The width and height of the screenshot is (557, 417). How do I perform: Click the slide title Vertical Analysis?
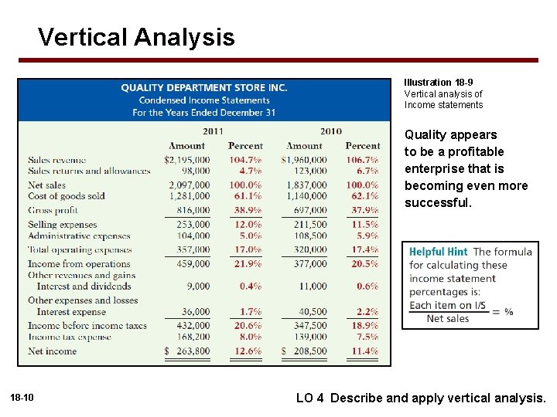pyautogui.click(x=136, y=36)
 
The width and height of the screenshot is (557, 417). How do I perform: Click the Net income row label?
pyautogui.click(x=53, y=351)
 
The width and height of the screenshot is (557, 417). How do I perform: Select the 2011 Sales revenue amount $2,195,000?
pyautogui.click(x=186, y=160)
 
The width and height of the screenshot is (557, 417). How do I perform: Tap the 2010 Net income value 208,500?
pyautogui.click(x=307, y=351)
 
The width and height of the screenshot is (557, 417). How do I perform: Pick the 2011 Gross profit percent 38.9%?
pyautogui.click(x=245, y=210)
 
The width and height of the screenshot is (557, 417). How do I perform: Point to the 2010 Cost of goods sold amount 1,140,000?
pyautogui.click(x=306, y=196)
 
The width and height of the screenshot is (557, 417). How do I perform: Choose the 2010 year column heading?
pyautogui.click(x=330, y=131)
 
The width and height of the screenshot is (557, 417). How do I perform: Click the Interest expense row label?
pyautogui.click(x=71, y=312)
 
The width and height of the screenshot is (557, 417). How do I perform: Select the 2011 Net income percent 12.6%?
pyautogui.click(x=245, y=351)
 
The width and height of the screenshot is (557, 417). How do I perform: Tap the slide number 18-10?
pyautogui.click(x=22, y=398)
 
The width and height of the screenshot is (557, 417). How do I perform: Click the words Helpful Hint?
pyautogui.click(x=439, y=252)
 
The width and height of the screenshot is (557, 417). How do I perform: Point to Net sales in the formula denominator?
pyautogui.click(x=448, y=318)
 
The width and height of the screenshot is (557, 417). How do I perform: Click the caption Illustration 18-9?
pyautogui.click(x=439, y=83)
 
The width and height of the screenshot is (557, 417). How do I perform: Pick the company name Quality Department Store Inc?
pyautogui.click(x=204, y=88)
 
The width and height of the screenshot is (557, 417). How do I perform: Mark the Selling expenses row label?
pyautogui.click(x=63, y=225)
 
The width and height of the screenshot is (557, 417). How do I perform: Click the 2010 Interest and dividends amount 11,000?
pyautogui.click(x=312, y=286)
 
